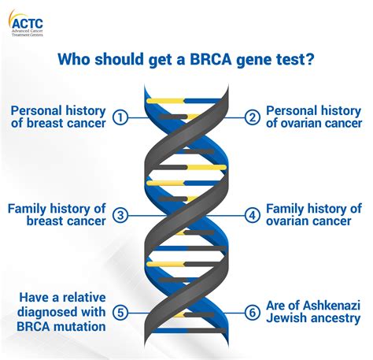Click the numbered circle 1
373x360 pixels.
point(120,117)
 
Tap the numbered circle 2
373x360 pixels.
point(252,117)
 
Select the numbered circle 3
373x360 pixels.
point(120,215)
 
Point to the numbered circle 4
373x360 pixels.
point(252,215)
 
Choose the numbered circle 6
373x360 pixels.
point(252,312)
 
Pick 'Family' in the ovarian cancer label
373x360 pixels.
point(287,208)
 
